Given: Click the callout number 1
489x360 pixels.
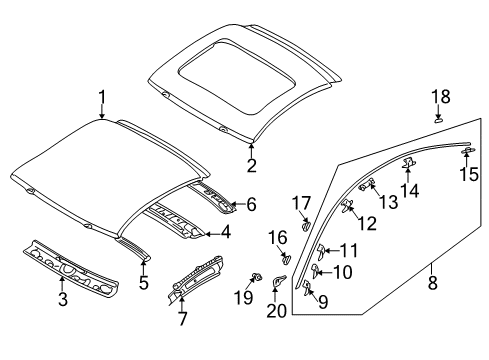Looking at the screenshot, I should (x=102, y=97).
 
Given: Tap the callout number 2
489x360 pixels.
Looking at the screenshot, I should (x=252, y=166).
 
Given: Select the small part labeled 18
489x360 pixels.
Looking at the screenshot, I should (x=437, y=118).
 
